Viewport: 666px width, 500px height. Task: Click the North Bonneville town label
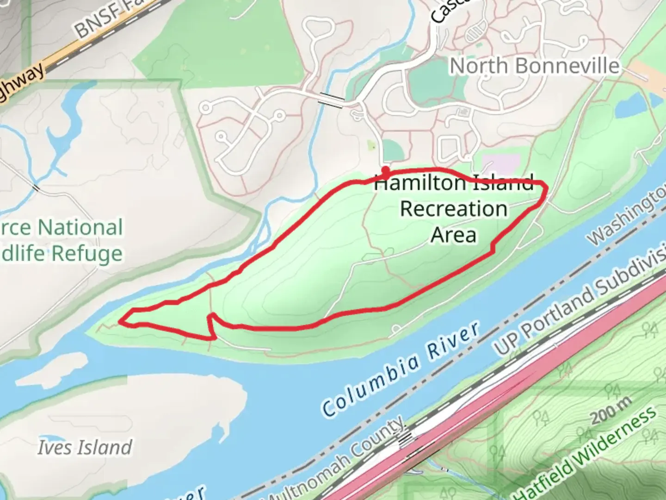pyautogui.click(x=534, y=66)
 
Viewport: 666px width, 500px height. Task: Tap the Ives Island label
pyautogui.click(x=85, y=447)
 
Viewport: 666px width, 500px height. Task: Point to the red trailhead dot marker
pyautogui.click(x=385, y=170)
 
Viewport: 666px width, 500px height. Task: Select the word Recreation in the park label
pyautogui.click(x=454, y=209)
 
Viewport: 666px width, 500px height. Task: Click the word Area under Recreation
pyautogui.click(x=453, y=235)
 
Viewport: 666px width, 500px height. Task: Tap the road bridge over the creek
pyautogui.click(x=332, y=100)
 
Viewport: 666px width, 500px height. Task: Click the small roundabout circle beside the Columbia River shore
pyautogui.click(x=396, y=330)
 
